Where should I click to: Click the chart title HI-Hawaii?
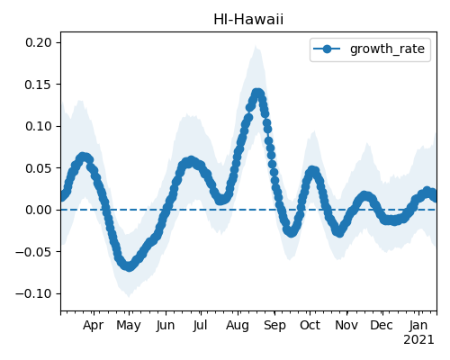point(248,20)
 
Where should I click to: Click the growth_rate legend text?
point(387,49)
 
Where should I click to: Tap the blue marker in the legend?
point(327,49)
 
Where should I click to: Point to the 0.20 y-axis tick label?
point(39,42)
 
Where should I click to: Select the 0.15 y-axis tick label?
point(39,85)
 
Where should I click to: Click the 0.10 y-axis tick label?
point(39,126)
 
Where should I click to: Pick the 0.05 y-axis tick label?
point(39,168)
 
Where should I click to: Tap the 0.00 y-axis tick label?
point(39,210)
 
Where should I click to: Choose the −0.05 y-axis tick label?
point(34,252)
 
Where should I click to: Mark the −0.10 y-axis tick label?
point(34,293)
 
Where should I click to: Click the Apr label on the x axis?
point(94,325)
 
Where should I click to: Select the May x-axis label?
point(129,326)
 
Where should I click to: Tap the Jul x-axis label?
point(200,325)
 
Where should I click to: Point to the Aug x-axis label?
point(238,326)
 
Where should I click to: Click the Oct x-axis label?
point(310,325)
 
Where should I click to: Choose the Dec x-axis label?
point(382,325)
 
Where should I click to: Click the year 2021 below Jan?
point(418,340)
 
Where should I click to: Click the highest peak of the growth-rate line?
point(257,94)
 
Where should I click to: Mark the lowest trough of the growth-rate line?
point(129,266)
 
